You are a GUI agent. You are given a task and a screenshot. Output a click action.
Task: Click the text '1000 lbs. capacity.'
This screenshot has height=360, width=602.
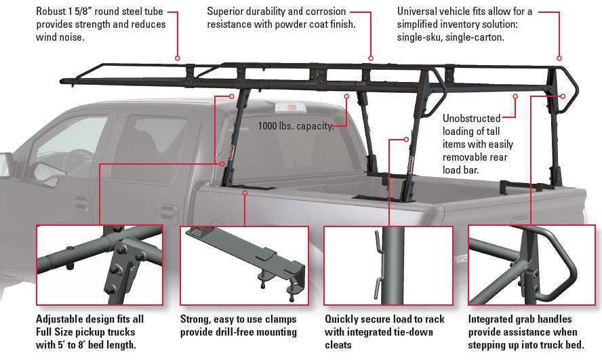pyautogui.click(x=296, y=125)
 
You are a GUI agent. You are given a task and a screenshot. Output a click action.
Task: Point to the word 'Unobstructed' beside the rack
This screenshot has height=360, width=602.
pyautogui.click(x=471, y=118)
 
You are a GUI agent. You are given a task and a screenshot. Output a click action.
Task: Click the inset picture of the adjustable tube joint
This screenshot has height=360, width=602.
pyautogui.click(x=100, y=264)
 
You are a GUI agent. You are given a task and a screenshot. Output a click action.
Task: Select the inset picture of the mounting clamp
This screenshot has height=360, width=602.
pyautogui.click(x=244, y=264)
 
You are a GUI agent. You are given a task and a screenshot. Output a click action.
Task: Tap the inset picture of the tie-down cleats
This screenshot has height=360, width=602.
pyautogui.click(x=388, y=264)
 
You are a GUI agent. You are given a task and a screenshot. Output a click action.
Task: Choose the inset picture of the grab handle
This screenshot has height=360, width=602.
pyautogui.click(x=531, y=264)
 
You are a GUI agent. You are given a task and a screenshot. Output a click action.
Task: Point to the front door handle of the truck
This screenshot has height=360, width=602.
pyautogui.click(x=82, y=201)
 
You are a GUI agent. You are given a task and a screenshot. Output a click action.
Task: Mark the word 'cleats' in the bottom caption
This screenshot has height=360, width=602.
pyautogui.click(x=338, y=346)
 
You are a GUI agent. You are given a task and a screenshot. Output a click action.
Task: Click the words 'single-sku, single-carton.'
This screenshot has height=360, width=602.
pyautogui.click(x=450, y=37)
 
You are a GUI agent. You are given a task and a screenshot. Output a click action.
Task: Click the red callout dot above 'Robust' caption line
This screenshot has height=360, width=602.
pyautogui.click(x=178, y=58)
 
